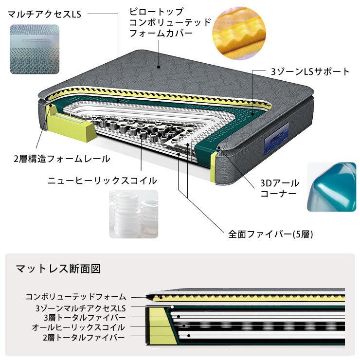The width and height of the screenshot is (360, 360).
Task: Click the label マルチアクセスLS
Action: tap(44, 14)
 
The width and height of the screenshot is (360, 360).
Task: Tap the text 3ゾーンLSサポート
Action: tap(310, 72)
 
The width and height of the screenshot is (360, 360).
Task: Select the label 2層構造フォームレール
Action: tap(62, 159)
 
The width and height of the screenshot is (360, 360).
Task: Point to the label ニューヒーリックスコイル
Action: tap(102, 180)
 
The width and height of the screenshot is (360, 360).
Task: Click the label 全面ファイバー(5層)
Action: tap(271, 234)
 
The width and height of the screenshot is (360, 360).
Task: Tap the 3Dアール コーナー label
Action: tap(279, 188)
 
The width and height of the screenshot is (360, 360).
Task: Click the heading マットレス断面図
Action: tap(58, 269)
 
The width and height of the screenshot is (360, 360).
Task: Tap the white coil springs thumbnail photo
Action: tap(133, 214)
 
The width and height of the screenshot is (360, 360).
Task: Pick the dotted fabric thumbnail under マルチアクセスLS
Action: tap(34, 50)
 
